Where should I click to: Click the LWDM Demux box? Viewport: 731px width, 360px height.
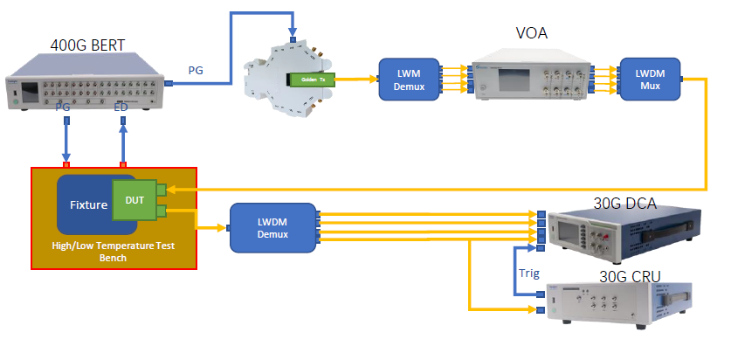[x=272, y=227]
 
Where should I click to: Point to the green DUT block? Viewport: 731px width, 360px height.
[x=134, y=200]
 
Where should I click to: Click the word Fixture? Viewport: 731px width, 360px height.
[x=87, y=205]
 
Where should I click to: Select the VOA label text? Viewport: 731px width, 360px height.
[x=533, y=34]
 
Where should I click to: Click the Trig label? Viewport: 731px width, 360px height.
[x=529, y=273]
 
